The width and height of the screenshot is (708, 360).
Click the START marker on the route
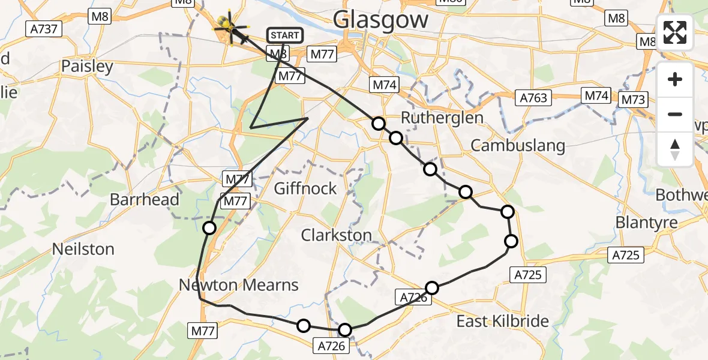(284, 35)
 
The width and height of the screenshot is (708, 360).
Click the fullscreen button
(675, 32)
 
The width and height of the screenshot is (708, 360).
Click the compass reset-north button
(675, 149)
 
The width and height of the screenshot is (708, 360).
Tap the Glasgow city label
(381, 19)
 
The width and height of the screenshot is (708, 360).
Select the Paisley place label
(87, 66)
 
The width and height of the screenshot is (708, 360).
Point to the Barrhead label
(145, 199)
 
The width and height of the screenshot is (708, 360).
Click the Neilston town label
(83, 248)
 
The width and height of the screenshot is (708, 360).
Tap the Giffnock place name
(305, 188)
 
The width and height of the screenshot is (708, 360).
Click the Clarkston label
(337, 235)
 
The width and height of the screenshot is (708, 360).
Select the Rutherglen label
(442, 118)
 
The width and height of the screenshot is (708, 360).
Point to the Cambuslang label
(518, 145)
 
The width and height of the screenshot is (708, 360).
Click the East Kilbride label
(503, 321)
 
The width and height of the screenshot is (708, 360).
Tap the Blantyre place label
(646, 222)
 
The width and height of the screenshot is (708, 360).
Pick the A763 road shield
(533, 97)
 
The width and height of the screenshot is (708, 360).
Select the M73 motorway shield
(633, 100)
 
